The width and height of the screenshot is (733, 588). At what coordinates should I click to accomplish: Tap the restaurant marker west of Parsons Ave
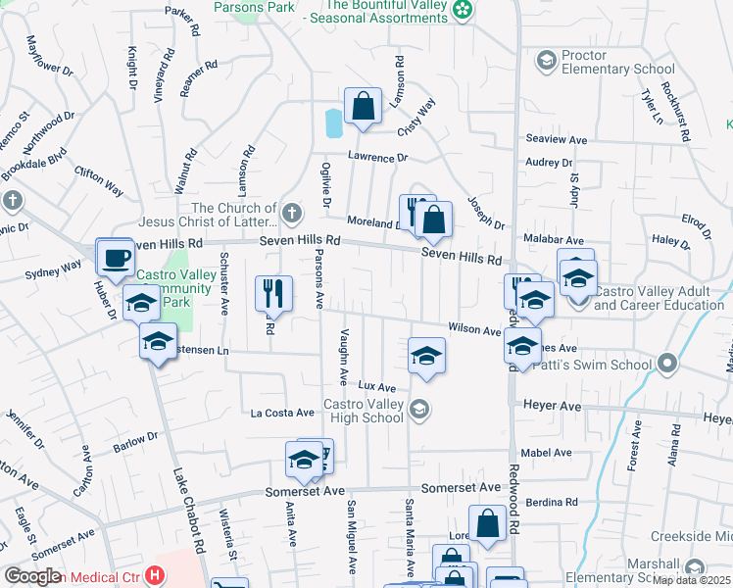[x=273, y=293]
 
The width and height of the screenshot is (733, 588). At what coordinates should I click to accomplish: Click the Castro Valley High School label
[x=364, y=411]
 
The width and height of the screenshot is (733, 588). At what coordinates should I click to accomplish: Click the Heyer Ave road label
[x=554, y=406]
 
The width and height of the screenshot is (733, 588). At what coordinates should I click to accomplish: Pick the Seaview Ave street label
[x=556, y=140]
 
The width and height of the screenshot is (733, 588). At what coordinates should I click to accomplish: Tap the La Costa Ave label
[x=282, y=413]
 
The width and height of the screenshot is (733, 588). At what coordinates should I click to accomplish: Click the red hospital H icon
[x=154, y=575]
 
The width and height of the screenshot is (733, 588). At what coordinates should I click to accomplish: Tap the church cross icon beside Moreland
[x=291, y=213]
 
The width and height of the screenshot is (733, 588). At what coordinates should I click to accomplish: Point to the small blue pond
[x=333, y=122]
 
